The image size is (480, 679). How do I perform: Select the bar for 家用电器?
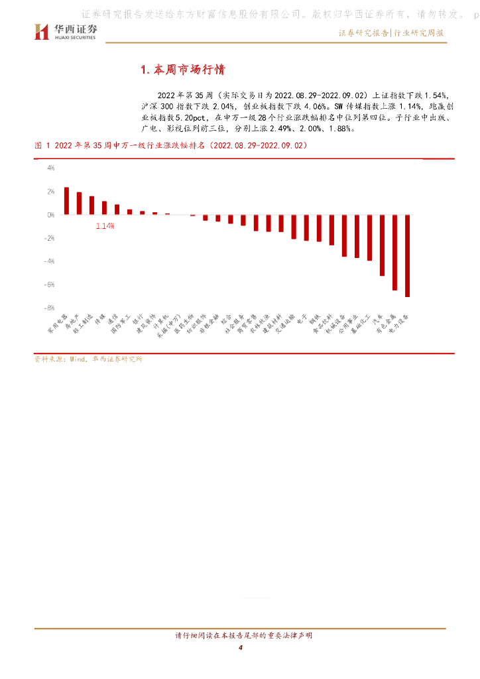(66, 201)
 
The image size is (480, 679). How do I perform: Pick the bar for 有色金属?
(394, 252)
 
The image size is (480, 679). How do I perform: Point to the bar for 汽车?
(382, 245)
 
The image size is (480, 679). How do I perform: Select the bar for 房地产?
(79, 204)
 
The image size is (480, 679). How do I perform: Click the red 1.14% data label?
(105, 226)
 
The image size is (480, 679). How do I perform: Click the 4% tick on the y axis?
(50, 168)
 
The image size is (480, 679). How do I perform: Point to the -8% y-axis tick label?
(50, 308)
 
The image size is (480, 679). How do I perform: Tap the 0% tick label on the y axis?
(50, 215)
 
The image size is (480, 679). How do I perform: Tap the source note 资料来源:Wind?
(88, 359)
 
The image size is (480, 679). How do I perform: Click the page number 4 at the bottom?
(241, 647)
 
